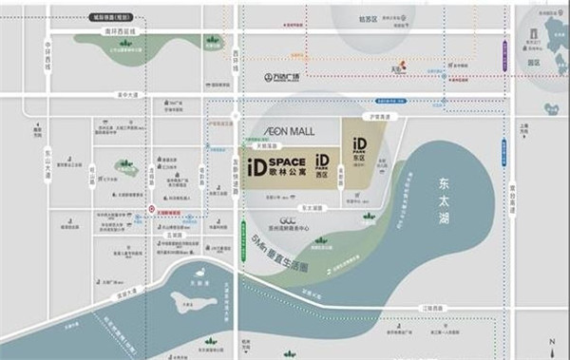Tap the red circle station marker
pyautogui.click(x=152, y=210)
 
